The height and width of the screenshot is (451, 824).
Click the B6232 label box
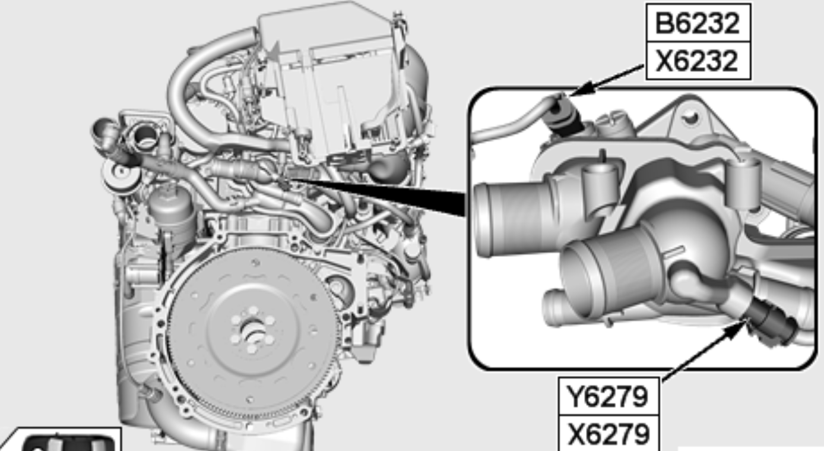coord(698,23)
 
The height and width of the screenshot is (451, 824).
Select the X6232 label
coord(698,61)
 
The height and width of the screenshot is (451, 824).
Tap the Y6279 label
coord(608,396)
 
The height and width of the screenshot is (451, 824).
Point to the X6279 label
coord(608,434)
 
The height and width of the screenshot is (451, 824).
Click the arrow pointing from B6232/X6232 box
coord(607,80)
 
